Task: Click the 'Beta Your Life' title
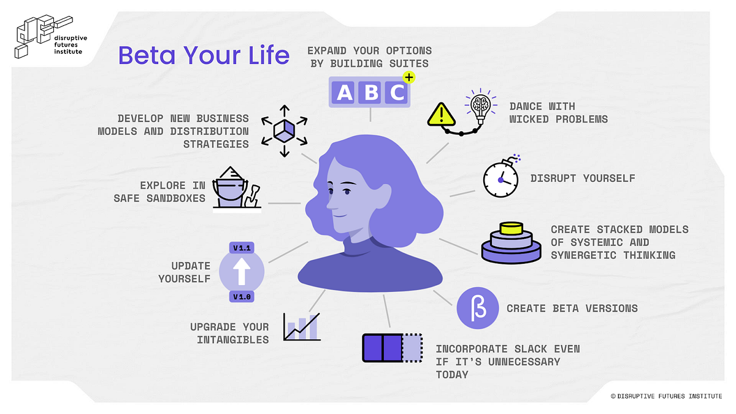pos(204,55)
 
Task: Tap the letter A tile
pos(345,93)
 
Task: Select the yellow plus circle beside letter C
pos(409,77)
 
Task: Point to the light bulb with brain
pos(481,107)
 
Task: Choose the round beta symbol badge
pos(475,308)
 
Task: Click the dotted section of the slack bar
pos(412,347)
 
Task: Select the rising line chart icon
pos(302,327)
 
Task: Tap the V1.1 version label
pos(242,248)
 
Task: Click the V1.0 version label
pos(242,297)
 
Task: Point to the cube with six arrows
pos(284,130)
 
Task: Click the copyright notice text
pos(666,396)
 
